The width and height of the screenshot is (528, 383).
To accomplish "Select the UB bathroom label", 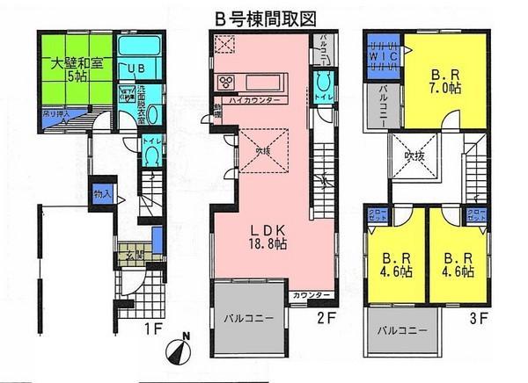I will point(137,69).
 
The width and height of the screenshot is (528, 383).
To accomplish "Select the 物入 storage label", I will point(101,193).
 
